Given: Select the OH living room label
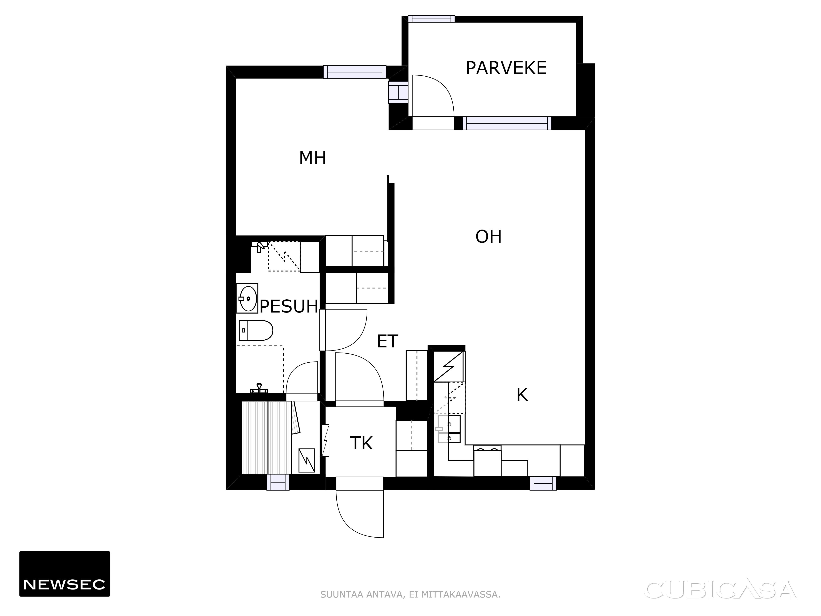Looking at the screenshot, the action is click(488, 237).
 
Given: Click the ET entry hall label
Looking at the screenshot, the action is click(388, 341).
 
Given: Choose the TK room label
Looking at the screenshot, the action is click(361, 443).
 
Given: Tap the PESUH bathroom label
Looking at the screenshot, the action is click(289, 307).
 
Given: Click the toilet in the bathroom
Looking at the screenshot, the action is click(256, 330).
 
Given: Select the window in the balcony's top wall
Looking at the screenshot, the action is click(431, 19).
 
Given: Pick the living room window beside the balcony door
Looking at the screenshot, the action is click(507, 123).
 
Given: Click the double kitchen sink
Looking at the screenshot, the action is click(449, 429).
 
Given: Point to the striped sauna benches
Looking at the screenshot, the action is click(266, 437).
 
